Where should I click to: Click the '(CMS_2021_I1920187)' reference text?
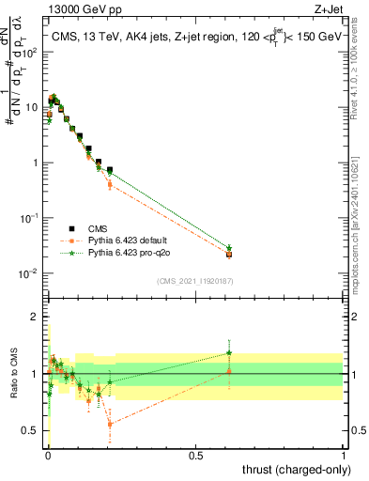(195, 280)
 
